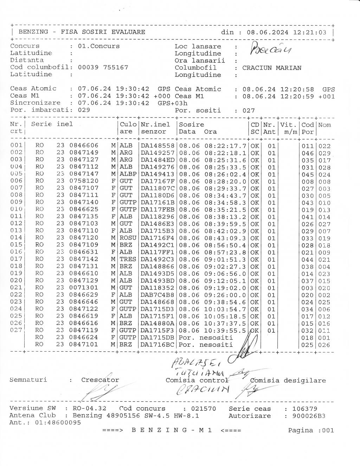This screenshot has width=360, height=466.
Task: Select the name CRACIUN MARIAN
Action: [x=271, y=68]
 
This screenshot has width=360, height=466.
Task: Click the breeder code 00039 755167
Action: [x=103, y=67]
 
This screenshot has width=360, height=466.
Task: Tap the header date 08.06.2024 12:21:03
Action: [x=287, y=32]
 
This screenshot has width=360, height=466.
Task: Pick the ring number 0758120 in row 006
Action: [x=84, y=181]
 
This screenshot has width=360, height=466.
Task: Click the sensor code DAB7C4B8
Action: [x=157, y=295]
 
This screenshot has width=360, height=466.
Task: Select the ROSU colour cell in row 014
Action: [x=128, y=238]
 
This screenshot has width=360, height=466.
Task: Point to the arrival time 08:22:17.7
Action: [x=225, y=146]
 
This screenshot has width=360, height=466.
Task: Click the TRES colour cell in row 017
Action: [x=128, y=259]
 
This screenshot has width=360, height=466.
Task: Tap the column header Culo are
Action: [x=128, y=128]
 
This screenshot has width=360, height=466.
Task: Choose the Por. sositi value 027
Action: [x=249, y=110]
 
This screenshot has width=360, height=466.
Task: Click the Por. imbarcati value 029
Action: [x=84, y=110]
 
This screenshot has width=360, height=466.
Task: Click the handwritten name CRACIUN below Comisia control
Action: [x=207, y=389]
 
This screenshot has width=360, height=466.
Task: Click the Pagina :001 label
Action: [x=311, y=430]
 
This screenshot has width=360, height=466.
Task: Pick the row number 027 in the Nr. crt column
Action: [x=16, y=330]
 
